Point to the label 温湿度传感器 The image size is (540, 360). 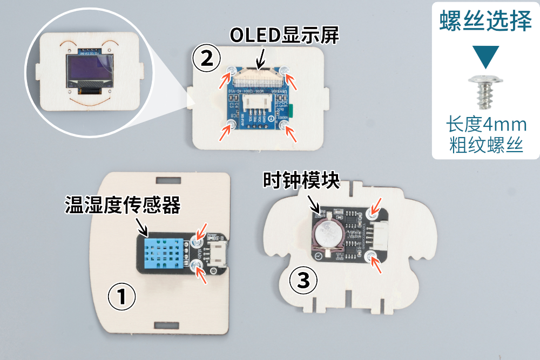pyautogui.click(x=122, y=205)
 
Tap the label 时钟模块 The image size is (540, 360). pyautogui.click(x=301, y=180)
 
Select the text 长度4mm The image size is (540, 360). pyautogui.click(x=485, y=125)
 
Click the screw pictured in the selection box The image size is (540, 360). pyautogui.click(x=485, y=90)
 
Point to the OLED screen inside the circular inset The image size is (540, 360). pyautogui.click(x=91, y=71)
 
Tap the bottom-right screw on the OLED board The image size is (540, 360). pyautogui.click(x=284, y=125)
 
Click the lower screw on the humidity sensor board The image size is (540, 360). pyautogui.click(x=195, y=263)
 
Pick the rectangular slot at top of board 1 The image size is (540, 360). pyautogui.click(x=167, y=179)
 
